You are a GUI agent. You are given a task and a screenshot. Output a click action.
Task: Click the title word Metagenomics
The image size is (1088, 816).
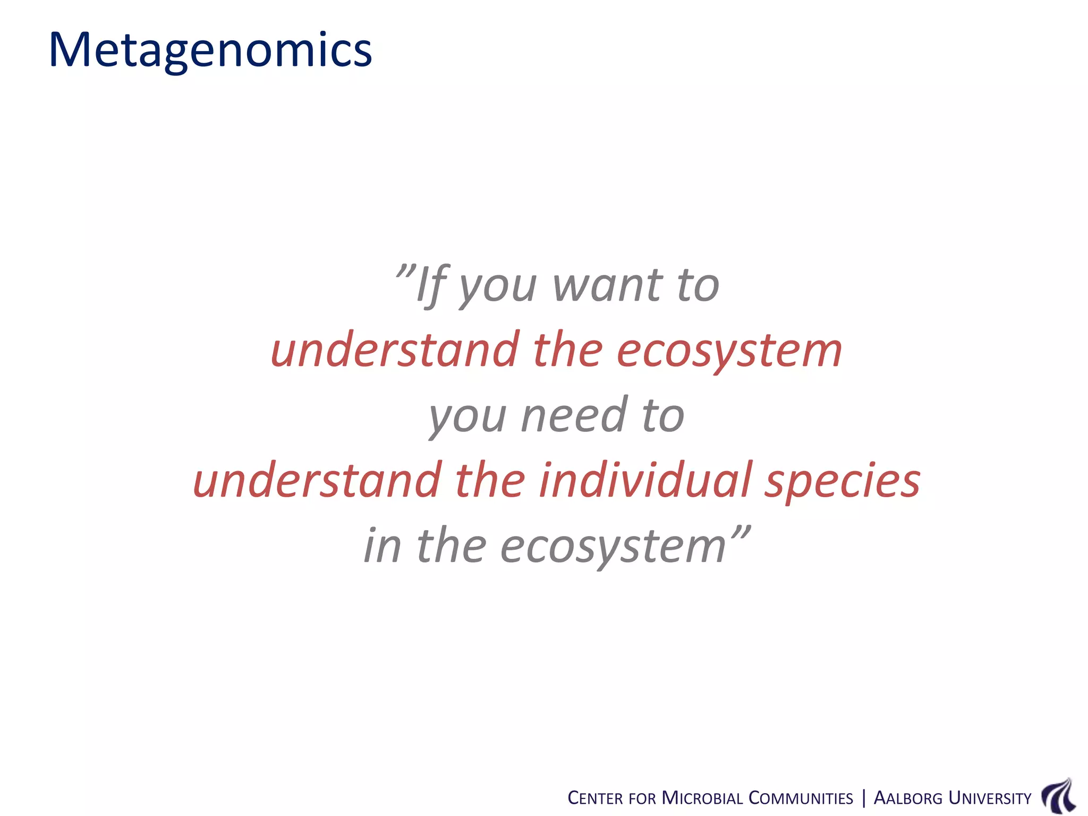[210, 50]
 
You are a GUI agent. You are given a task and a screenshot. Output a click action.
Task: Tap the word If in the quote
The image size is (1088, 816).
[431, 286]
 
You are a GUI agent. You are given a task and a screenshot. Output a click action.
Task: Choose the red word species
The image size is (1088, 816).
[842, 481]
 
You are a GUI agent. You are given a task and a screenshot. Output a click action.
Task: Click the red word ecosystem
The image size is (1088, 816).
[729, 351]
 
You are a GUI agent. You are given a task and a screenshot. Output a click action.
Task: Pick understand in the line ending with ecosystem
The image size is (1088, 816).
[395, 350]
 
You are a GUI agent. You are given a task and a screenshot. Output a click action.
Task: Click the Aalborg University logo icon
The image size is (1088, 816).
[1059, 796]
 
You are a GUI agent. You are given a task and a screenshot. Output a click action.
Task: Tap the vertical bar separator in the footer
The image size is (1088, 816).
[863, 798]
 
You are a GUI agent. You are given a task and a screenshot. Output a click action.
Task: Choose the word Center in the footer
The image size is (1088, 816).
[595, 798]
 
